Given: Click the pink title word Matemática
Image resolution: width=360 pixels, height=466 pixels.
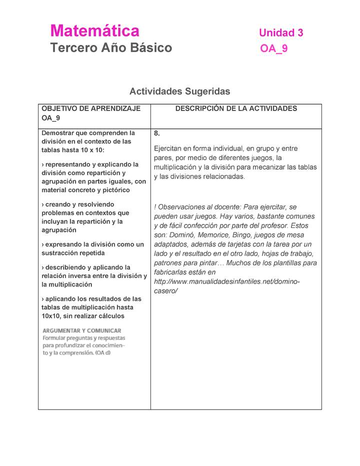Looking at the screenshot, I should pos(94,31).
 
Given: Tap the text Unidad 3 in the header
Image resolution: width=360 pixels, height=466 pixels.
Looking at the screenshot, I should pos(281,33).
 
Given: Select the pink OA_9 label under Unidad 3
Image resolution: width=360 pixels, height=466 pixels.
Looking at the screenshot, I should pos(274,49).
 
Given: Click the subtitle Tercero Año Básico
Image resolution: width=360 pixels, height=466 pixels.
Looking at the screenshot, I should pos(111,48).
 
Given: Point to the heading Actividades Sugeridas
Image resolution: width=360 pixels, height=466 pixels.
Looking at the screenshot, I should pos(179,91).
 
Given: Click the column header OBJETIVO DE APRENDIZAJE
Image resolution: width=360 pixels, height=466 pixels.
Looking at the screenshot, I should pos(91,108).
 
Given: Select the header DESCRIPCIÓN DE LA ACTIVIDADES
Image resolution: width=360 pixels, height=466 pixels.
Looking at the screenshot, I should pos(236,108).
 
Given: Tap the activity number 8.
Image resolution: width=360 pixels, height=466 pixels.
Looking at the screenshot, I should pos(157,133).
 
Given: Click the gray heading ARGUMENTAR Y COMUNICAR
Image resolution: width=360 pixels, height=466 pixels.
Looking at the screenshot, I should pos(81,330).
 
